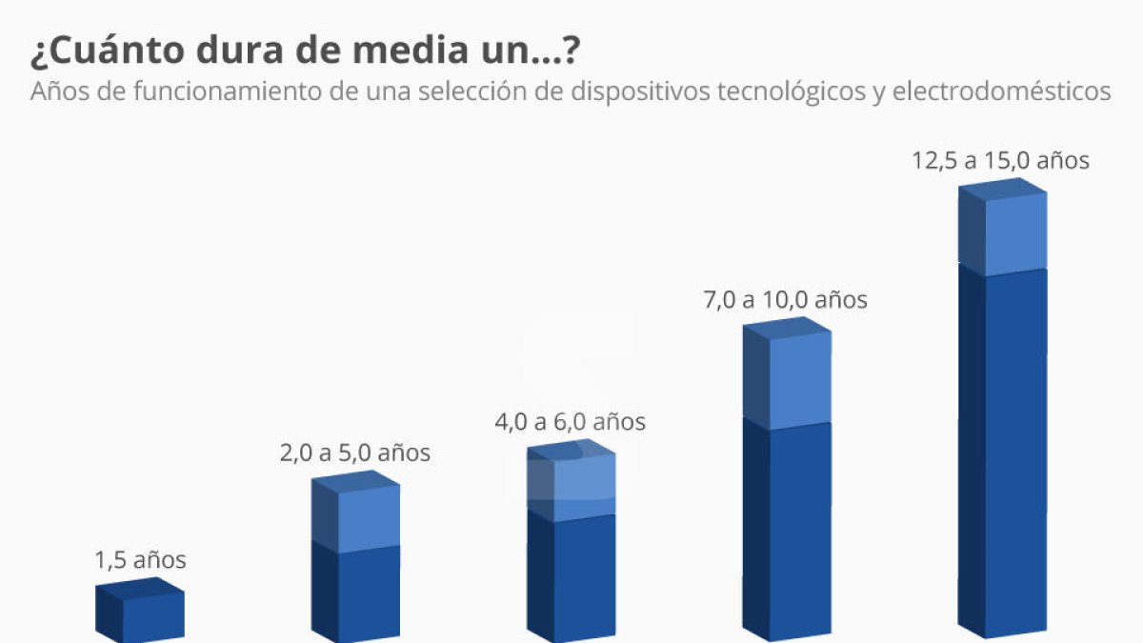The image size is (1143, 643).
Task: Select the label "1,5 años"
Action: click(141, 560)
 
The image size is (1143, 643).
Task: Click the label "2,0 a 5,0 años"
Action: click(355, 452)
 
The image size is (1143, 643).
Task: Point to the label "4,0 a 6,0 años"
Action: click(571, 421)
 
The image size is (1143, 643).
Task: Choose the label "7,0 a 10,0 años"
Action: click(786, 300)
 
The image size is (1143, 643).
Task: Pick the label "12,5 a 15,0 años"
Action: click(1000, 160)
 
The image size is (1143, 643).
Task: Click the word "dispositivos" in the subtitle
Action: click(631, 92)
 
